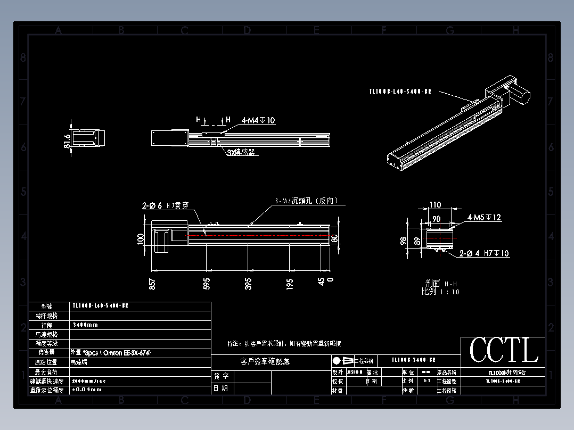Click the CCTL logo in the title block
tap(503, 351)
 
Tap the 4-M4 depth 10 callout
tap(258, 121)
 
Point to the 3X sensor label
tap(241, 152)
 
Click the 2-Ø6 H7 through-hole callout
tap(165, 205)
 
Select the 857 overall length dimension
tap(153, 284)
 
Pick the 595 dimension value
tap(207, 284)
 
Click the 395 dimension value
tap(248, 284)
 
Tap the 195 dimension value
tap(290, 284)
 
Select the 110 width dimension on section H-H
tap(435, 205)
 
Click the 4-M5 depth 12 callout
tap(484, 218)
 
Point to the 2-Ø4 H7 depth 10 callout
tap(484, 254)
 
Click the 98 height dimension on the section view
tap(403, 241)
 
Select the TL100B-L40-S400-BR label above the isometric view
tap(400, 92)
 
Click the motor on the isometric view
tap(520, 96)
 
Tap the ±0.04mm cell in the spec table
tap(86, 390)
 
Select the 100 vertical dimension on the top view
tap(141, 238)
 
